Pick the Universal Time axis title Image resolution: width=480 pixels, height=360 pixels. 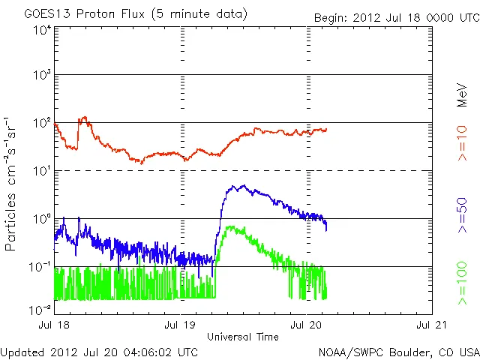(244, 337)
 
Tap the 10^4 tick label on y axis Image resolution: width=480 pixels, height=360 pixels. (41, 30)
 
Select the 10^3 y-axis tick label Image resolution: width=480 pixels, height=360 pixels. (41, 76)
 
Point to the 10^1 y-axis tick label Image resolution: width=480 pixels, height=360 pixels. (41, 171)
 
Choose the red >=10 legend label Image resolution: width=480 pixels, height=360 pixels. (463, 142)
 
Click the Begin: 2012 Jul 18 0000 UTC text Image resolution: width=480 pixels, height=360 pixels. (394, 16)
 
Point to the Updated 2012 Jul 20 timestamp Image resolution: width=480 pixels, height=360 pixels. (100, 352)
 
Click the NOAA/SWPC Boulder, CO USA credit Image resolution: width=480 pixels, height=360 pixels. (399, 352)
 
